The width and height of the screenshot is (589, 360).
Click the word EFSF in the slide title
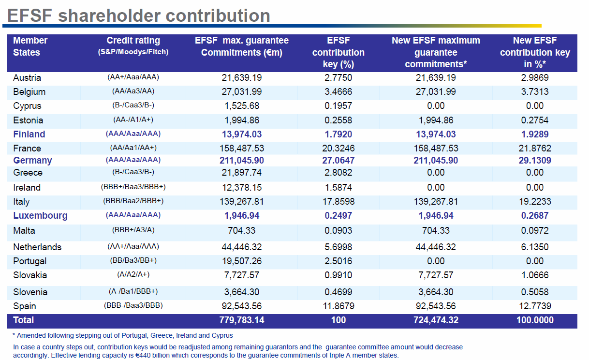29,15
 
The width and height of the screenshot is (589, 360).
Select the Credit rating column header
133,41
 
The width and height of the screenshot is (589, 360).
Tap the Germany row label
32,160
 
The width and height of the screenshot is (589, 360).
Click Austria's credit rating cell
133,77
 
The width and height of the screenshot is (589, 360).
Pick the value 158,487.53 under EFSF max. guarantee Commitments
242,148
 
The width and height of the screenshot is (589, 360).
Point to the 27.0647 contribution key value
338,160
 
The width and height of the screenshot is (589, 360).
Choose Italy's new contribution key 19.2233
535,201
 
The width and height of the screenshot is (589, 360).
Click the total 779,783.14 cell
242,320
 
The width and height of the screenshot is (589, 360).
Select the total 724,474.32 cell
436,320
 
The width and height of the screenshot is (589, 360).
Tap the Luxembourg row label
40,216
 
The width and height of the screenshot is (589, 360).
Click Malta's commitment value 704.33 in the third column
242,231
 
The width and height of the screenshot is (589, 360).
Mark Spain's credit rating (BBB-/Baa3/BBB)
133,305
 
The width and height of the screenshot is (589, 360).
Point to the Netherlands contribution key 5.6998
338,247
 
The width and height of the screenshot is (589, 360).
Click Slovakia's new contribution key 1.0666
535,275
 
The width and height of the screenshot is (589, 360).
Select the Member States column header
30,46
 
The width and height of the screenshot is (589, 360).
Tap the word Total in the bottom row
24,320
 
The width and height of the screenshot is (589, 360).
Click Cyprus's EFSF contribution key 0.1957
338,105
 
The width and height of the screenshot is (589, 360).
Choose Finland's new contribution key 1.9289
535,134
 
